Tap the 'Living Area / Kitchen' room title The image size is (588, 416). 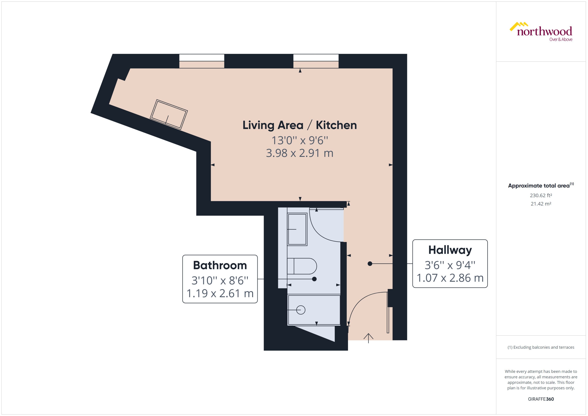coord(300,125)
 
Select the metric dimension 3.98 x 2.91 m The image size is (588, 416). coord(300,153)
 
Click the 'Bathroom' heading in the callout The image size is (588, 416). coord(220,265)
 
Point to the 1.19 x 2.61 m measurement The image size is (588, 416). coord(220,293)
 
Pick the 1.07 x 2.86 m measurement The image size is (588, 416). coord(450,278)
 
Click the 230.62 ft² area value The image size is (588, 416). coord(541,195)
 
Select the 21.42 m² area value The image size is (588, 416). coord(541,204)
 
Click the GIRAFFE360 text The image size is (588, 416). coord(541,399)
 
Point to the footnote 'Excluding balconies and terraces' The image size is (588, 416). coord(541,347)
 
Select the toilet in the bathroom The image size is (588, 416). coord(302,266)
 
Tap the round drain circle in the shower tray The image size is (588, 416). coord(301,310)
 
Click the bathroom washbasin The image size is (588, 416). coord(297,229)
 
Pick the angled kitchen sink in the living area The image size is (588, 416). coord(169,115)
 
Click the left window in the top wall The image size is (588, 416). coord(202,58)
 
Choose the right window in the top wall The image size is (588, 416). coord(316,58)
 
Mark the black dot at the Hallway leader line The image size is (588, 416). coord(370,264)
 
